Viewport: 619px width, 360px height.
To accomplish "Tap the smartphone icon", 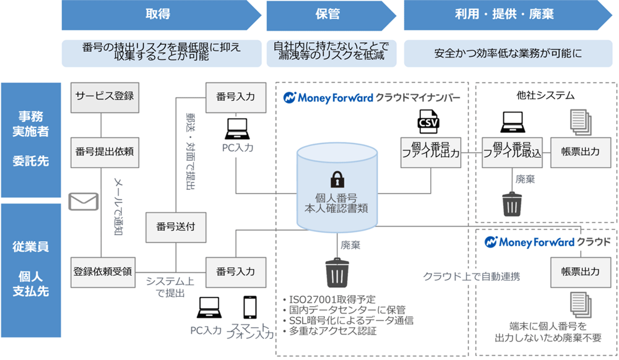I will (250, 307).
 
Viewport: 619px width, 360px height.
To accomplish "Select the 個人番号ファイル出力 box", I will (430, 152).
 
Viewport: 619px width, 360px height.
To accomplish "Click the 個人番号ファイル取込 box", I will (513, 152).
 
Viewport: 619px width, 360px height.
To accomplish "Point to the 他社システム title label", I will (545, 95).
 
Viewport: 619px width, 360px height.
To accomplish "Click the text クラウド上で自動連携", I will (471, 276).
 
